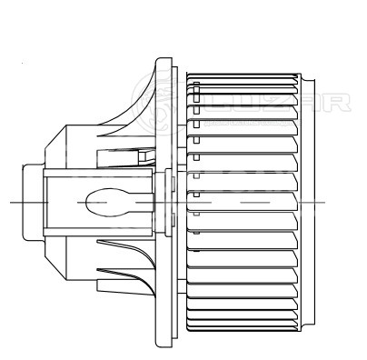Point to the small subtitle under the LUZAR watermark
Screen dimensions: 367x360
point(253,123)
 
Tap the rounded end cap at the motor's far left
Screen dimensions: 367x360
point(34,202)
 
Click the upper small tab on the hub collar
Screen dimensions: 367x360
point(174,185)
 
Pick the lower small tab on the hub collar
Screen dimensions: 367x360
point(174,220)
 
